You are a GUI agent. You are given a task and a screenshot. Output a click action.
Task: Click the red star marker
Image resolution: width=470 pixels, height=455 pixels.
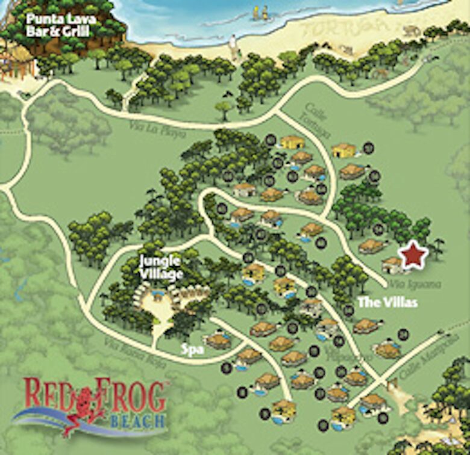point(414,256)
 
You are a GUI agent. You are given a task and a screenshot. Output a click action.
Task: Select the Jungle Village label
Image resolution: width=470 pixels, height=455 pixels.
point(160,268)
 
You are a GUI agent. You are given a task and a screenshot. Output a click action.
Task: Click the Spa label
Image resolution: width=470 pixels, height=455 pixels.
point(192,348)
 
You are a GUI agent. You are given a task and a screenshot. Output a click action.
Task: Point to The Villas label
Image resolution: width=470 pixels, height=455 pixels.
point(387,303)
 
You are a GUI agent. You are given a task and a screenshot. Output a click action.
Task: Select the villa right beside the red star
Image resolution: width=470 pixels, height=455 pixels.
point(392,264)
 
